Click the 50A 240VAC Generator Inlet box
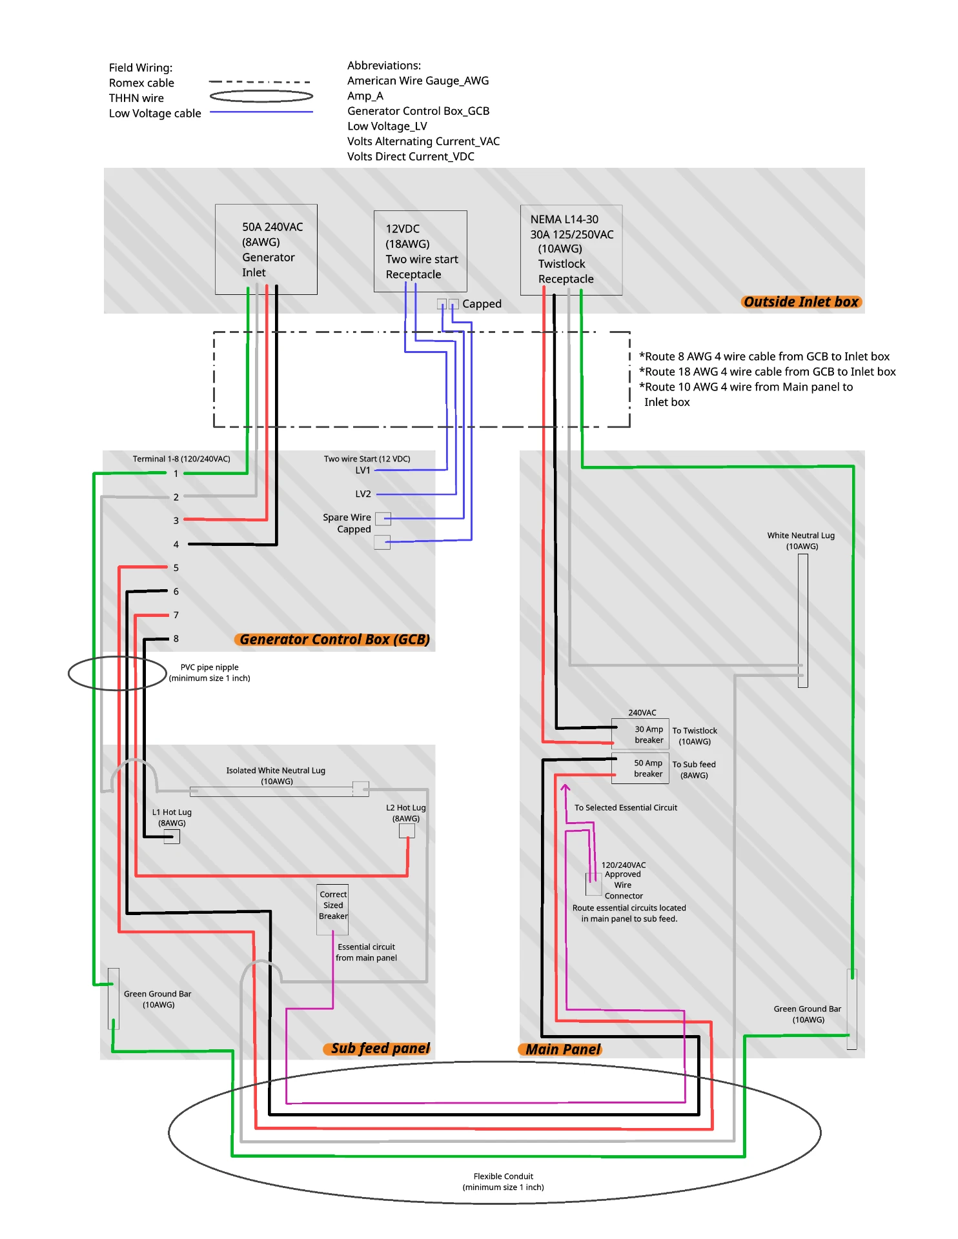point(266,249)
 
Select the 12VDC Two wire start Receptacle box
point(420,251)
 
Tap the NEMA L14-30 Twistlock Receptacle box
point(571,250)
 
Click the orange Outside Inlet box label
point(801,302)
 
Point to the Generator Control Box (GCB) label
point(332,640)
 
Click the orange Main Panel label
point(560,1050)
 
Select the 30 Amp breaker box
point(640,734)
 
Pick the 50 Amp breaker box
point(640,768)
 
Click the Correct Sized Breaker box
point(332,909)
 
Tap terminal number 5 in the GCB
point(176,568)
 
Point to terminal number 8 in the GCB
point(176,639)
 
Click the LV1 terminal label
point(363,470)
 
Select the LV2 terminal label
point(363,494)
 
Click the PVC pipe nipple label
point(209,672)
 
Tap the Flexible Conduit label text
point(504,1182)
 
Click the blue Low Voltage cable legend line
point(261,112)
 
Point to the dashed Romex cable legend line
point(260,82)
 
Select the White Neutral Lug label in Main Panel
point(801,541)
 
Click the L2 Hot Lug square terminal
point(407,831)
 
